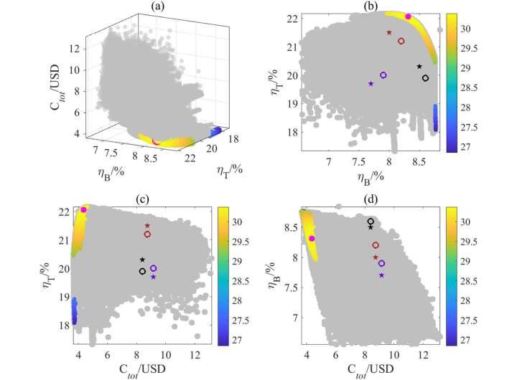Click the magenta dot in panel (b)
pyautogui.click(x=408, y=16)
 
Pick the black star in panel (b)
pyautogui.click(x=419, y=67)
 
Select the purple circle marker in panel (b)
pyautogui.click(x=383, y=75)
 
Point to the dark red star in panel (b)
pyautogui.click(x=389, y=32)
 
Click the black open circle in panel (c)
pyautogui.click(x=142, y=271)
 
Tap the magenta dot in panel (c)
pyautogui.click(x=84, y=209)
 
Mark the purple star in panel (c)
pyautogui.click(x=153, y=277)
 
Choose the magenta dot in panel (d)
pyautogui.click(x=312, y=239)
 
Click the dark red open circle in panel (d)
pyautogui.click(x=375, y=245)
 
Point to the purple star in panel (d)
pyautogui.click(x=381, y=275)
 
